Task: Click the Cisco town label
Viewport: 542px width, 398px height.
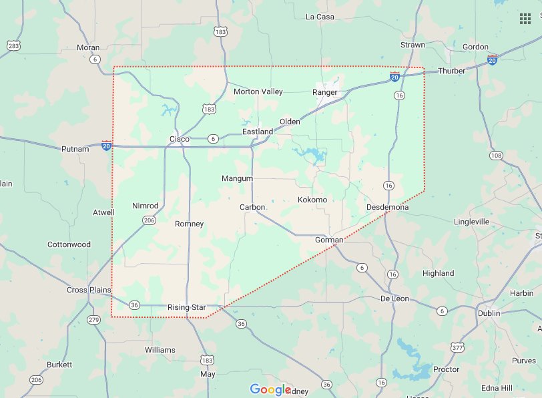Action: point(179,139)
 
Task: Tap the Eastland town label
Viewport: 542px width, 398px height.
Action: point(258,132)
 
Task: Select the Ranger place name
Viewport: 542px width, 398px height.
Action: point(325,92)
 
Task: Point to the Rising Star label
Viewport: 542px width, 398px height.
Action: point(187,307)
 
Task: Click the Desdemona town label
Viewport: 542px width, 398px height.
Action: point(388,208)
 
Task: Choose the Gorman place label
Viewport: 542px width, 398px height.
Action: point(328,239)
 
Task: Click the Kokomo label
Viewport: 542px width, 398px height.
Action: point(312,200)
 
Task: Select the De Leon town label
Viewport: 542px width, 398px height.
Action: point(394,298)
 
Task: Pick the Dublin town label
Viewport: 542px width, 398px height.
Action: point(489,313)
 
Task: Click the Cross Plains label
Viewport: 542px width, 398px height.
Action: point(87,290)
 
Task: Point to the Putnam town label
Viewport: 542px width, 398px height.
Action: point(75,149)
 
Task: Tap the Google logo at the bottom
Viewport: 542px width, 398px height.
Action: point(270,389)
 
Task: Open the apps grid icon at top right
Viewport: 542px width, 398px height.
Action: point(525,18)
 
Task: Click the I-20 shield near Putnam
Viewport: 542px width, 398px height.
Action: point(107,145)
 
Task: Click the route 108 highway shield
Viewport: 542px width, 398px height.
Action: point(496,156)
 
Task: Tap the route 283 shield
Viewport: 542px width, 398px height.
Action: point(13,45)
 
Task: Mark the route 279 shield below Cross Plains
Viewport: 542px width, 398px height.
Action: point(93,321)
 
